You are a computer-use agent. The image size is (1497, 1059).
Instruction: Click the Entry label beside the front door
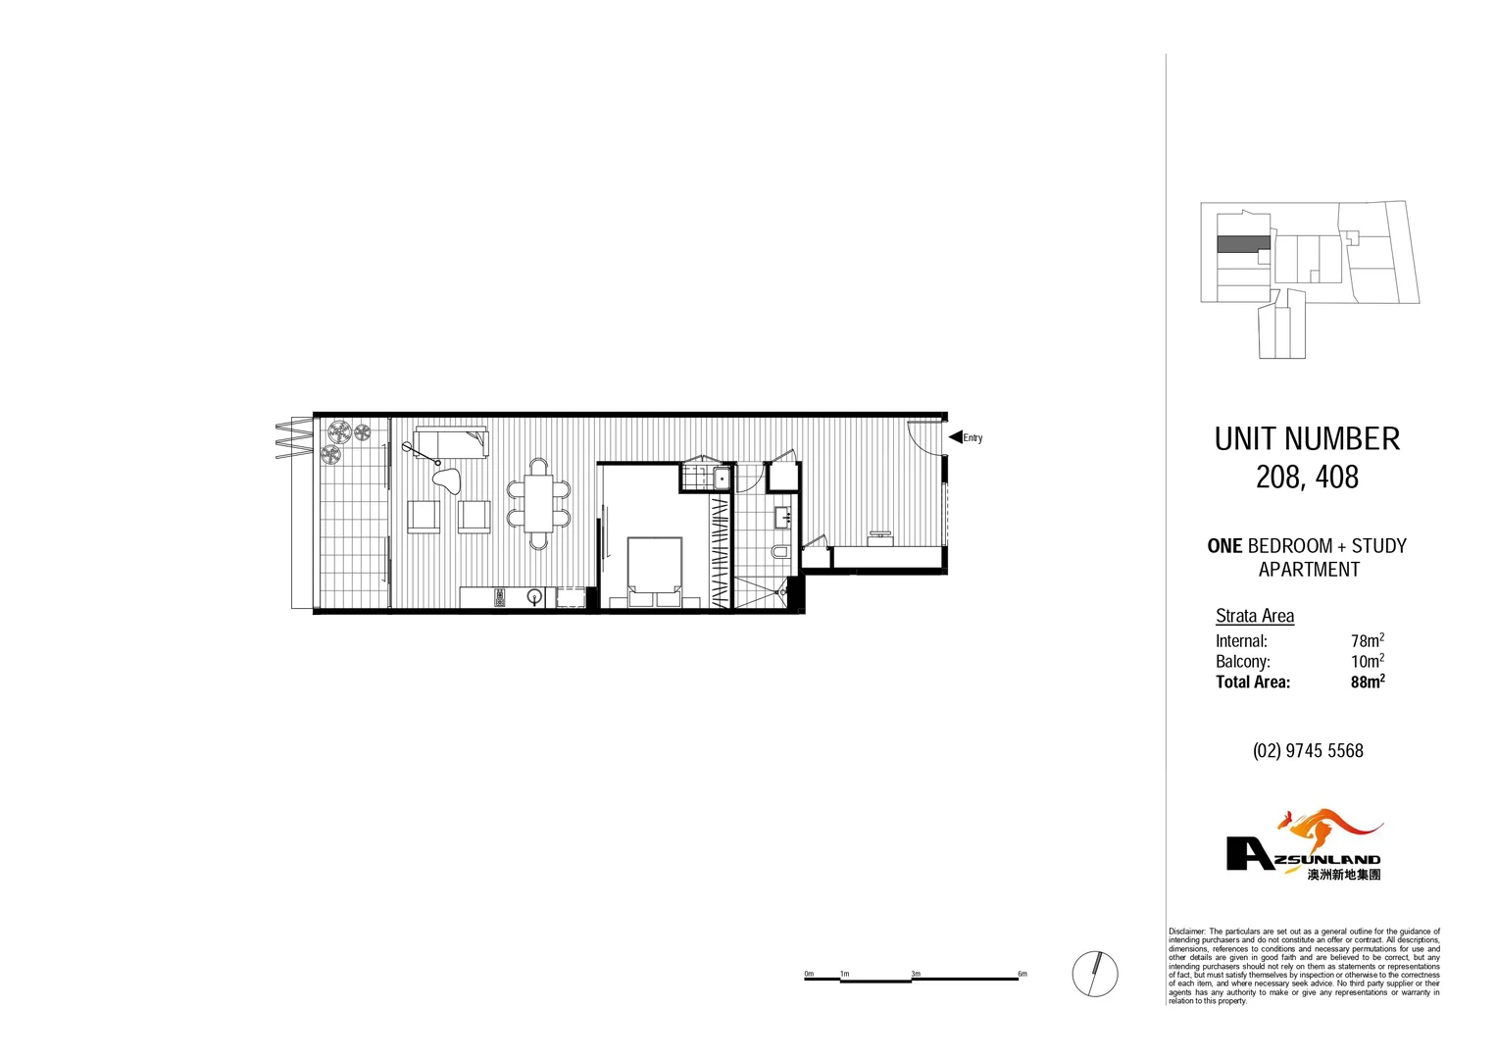coord(973,438)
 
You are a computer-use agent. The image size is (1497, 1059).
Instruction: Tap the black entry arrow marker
coord(955,437)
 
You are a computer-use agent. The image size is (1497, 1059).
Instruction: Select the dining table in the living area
coord(538,503)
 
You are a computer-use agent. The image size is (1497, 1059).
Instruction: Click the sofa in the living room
coord(451,442)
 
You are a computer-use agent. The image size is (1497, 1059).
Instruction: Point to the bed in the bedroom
coord(655,570)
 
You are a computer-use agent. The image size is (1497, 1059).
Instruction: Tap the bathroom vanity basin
coord(783,516)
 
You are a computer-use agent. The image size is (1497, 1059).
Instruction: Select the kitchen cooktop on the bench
coord(499,597)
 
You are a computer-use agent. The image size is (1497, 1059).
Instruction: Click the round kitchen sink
coord(535,596)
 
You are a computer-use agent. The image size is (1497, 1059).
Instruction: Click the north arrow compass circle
coord(1095,974)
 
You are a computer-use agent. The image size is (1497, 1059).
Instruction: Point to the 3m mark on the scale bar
coord(916,975)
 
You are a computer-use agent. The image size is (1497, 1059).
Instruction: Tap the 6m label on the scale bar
coord(1022,975)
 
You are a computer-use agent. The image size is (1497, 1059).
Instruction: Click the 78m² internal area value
coord(1367,640)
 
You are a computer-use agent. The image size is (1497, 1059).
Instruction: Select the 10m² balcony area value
coord(1367,661)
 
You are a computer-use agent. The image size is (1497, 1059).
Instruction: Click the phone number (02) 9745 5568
coord(1308,751)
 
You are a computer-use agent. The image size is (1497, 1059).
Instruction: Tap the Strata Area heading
coord(1255,616)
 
